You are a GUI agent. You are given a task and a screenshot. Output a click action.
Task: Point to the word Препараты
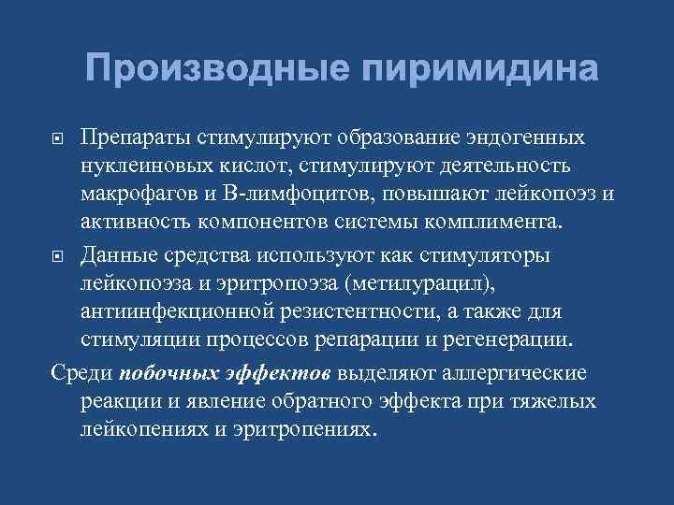133,137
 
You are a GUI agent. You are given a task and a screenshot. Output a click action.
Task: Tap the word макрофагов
141,195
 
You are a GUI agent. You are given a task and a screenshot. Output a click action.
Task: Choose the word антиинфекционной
172,312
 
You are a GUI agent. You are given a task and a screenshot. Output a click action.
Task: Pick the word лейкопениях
140,429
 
